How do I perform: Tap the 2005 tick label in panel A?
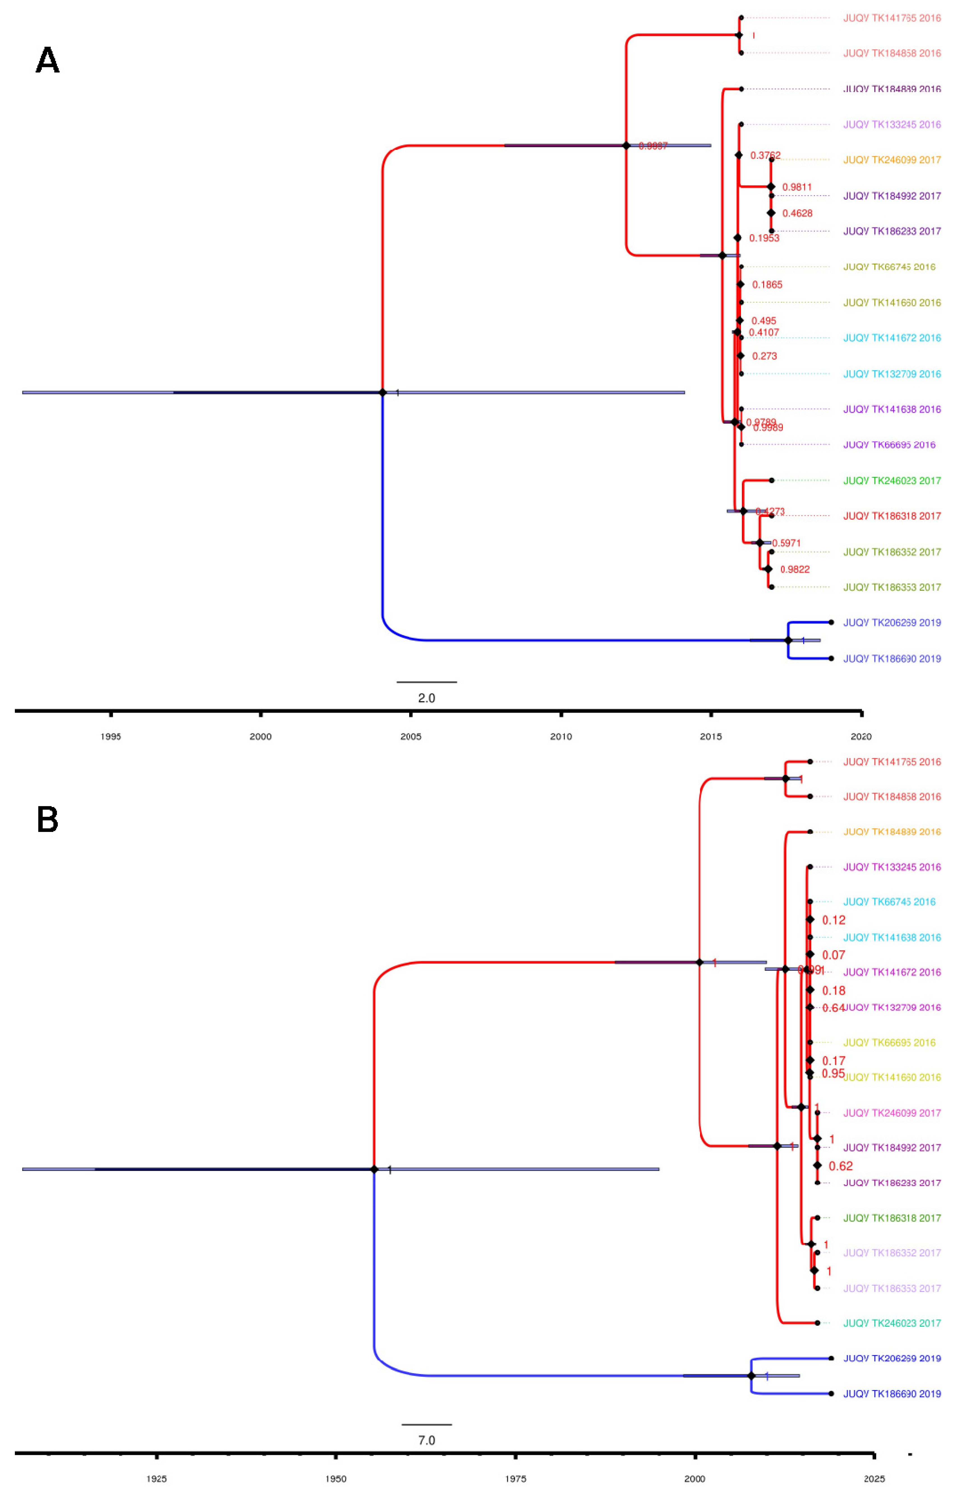[x=411, y=736]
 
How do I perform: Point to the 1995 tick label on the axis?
[x=111, y=736]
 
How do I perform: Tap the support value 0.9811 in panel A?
[x=797, y=187]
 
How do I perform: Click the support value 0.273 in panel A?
[x=764, y=356]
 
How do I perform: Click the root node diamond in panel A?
[x=383, y=392]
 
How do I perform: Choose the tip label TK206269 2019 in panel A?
[x=892, y=623]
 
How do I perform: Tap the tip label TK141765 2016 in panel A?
[x=892, y=18]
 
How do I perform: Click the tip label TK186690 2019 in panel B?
[x=892, y=1393]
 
